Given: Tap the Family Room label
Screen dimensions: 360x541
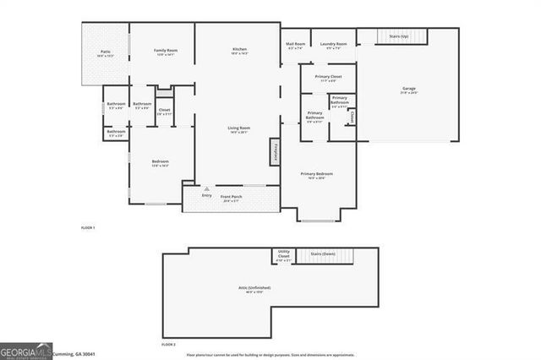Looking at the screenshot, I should click(165, 52).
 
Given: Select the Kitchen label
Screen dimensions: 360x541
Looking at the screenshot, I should click(240, 51).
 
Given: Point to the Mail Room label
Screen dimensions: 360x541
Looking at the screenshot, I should click(295, 45).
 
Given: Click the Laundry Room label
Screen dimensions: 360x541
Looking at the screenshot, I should click(333, 45).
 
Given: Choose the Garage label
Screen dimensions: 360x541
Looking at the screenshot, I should click(409, 89).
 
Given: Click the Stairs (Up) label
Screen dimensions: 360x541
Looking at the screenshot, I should click(399, 37).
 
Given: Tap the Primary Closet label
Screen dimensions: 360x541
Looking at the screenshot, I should click(328, 78).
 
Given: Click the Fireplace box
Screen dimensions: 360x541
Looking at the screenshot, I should click(276, 152).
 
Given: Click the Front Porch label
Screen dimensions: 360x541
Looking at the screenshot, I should click(232, 199).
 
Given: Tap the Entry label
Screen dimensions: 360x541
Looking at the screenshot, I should click(207, 195).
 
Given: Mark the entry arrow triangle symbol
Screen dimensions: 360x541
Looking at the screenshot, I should click(207, 188).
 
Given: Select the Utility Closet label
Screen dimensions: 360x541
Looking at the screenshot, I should click(283, 256).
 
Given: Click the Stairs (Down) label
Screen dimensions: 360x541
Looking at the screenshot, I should click(323, 253).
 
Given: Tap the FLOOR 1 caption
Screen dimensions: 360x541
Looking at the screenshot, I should click(88, 228).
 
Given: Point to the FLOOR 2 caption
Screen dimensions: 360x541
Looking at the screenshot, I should click(168, 345).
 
